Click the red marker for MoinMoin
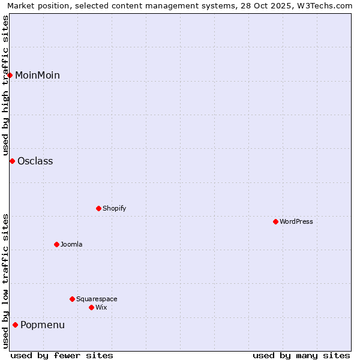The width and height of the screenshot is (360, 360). pyautogui.click(x=10, y=75)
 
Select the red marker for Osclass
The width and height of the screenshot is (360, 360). pyautogui.click(x=12, y=161)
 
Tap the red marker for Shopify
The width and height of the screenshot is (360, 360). pyautogui.click(x=99, y=208)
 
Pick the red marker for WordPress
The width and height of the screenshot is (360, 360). pyautogui.click(x=276, y=221)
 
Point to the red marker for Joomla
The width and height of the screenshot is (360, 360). pyautogui.click(x=57, y=244)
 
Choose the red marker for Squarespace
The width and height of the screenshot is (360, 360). pyautogui.click(x=73, y=299)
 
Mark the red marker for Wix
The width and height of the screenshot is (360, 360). pyautogui.click(x=92, y=307)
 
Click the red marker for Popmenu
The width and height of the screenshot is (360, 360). pyautogui.click(x=16, y=325)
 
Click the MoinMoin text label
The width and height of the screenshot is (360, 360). pyautogui.click(x=37, y=75)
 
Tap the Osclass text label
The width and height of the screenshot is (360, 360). pyautogui.click(x=35, y=161)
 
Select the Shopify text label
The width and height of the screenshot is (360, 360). pyautogui.click(x=114, y=208)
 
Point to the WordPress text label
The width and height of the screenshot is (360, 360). pyautogui.click(x=296, y=221)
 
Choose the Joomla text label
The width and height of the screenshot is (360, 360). pyautogui.click(x=71, y=244)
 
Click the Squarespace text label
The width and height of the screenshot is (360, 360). pyautogui.click(x=97, y=299)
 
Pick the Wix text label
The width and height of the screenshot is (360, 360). pyautogui.click(x=101, y=307)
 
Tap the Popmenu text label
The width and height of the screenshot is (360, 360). pyautogui.click(x=43, y=325)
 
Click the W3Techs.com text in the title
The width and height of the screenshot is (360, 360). pyautogui.click(x=323, y=6)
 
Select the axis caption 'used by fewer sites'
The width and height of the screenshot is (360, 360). pyautogui.click(x=62, y=355)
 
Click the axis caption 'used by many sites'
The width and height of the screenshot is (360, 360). pyautogui.click(x=301, y=355)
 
